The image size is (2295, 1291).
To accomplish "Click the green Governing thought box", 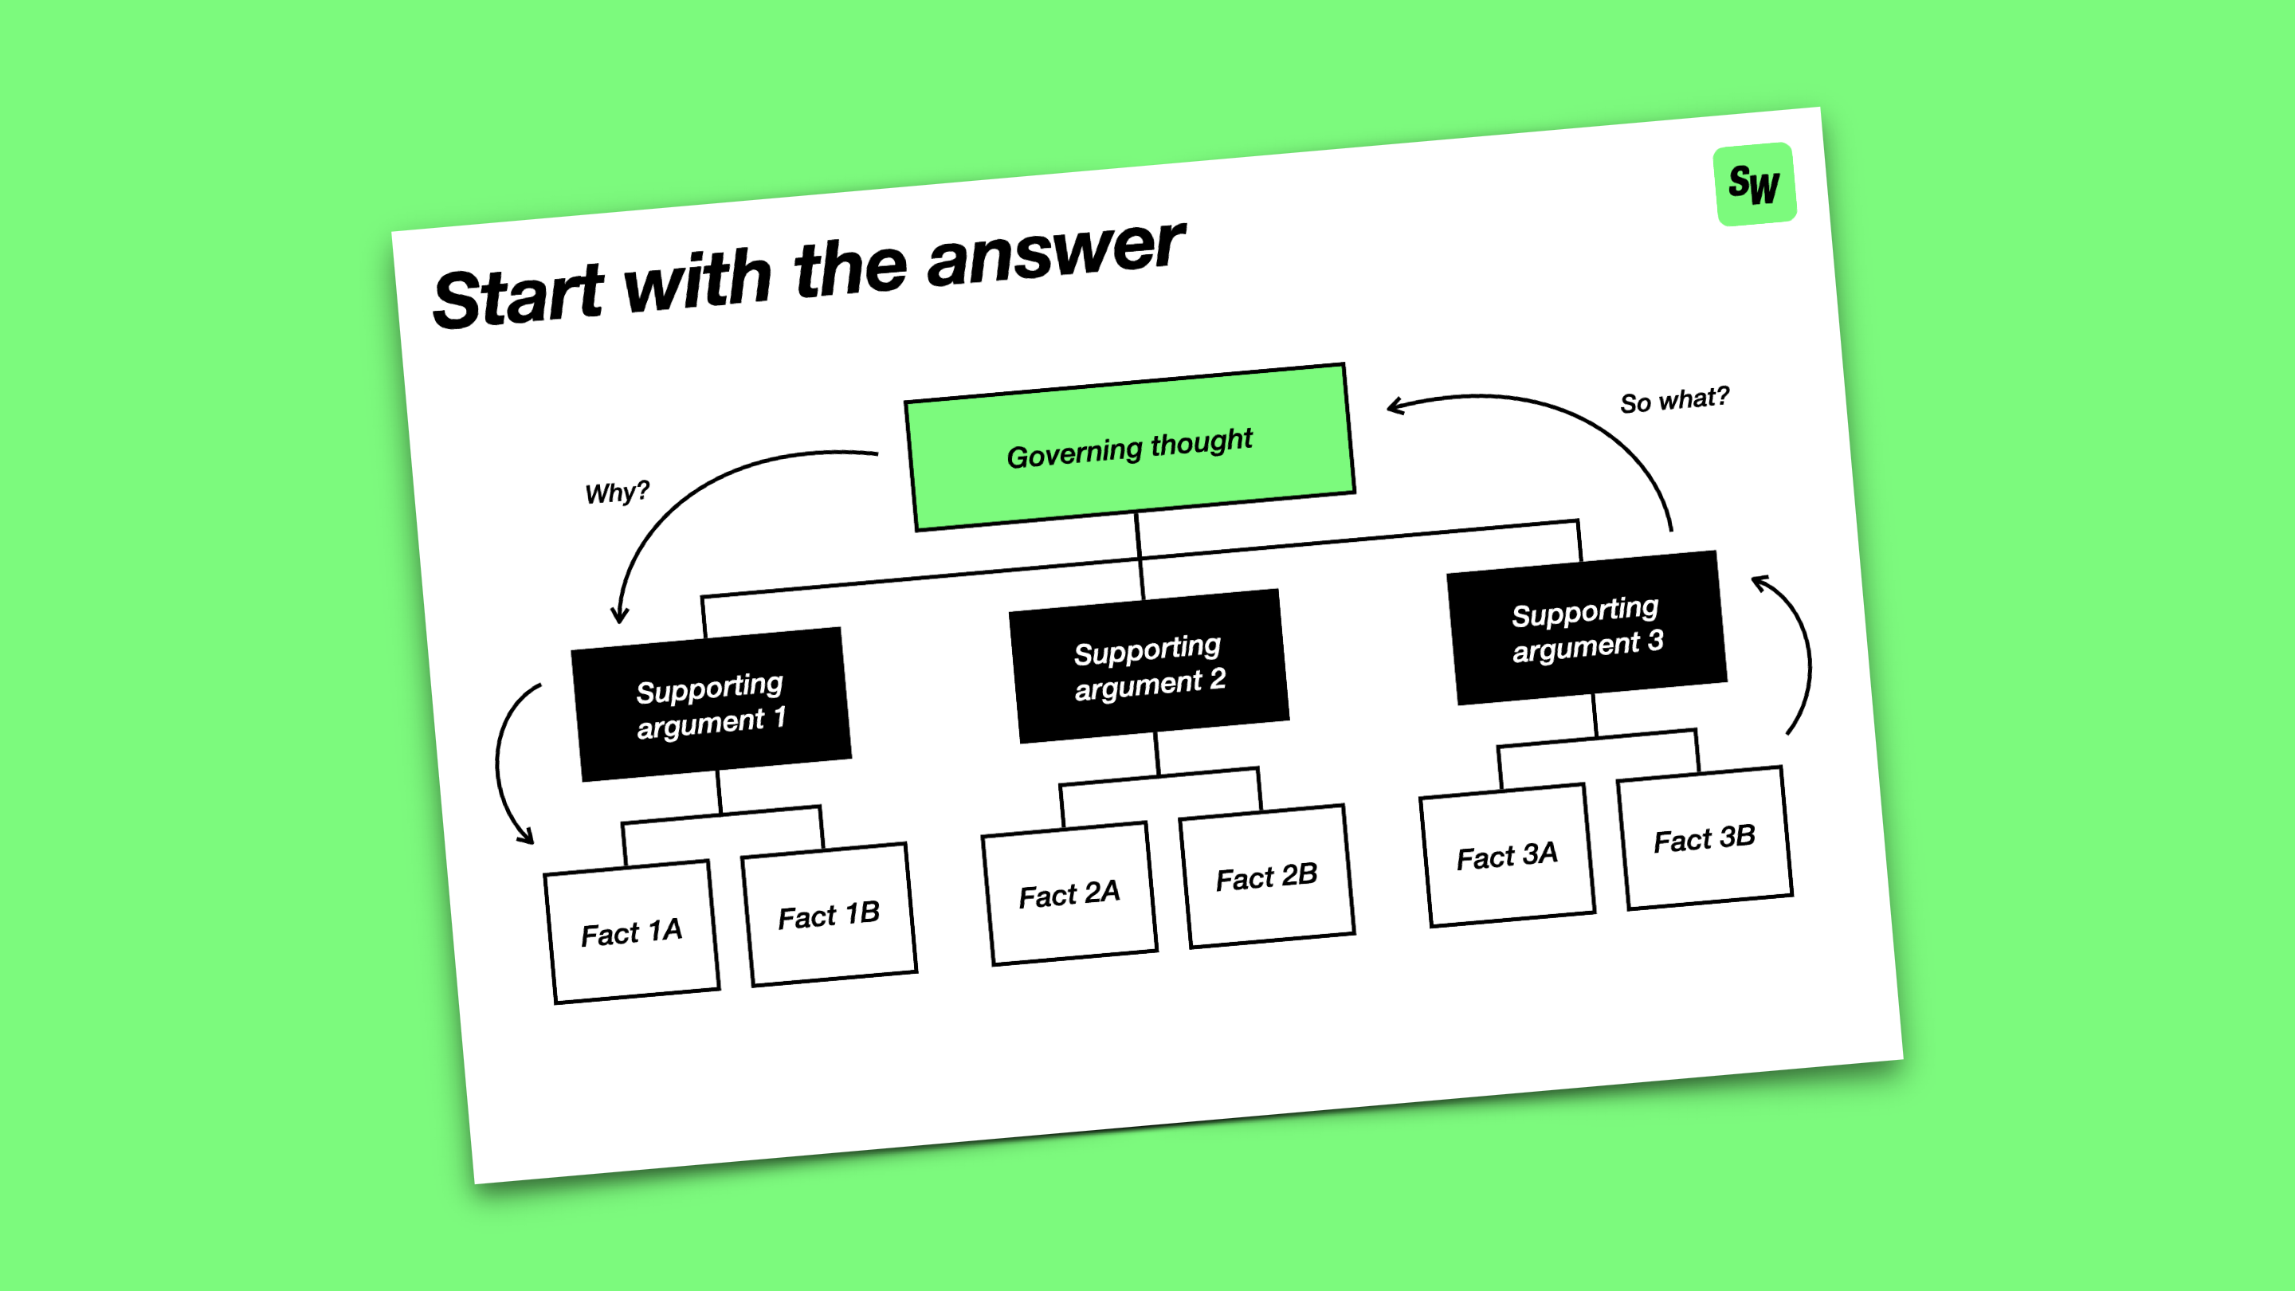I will coord(1130,447).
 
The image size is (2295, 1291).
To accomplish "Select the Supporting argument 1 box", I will coord(711,704).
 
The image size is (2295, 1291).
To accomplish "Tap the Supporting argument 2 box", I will coord(1149,666).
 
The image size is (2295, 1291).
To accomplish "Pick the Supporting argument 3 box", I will coord(1587,628).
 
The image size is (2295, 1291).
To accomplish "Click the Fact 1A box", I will coord(632,932).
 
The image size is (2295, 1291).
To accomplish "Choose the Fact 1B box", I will coord(829,915).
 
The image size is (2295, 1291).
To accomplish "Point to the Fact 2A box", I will coord(1069,893).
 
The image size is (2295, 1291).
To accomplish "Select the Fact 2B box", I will coord(1267,877).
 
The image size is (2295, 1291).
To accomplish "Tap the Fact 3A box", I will coord(1508,855).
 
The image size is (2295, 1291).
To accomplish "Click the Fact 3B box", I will coord(1705,838).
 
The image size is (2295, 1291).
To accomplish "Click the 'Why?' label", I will coord(617,492).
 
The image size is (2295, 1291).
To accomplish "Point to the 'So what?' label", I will coord(1674,400).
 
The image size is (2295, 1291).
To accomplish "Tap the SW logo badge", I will coord(1754,184).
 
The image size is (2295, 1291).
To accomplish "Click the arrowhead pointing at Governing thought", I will coord(1395,406).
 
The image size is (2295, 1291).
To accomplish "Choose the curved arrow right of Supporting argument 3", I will coord(1798,650).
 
